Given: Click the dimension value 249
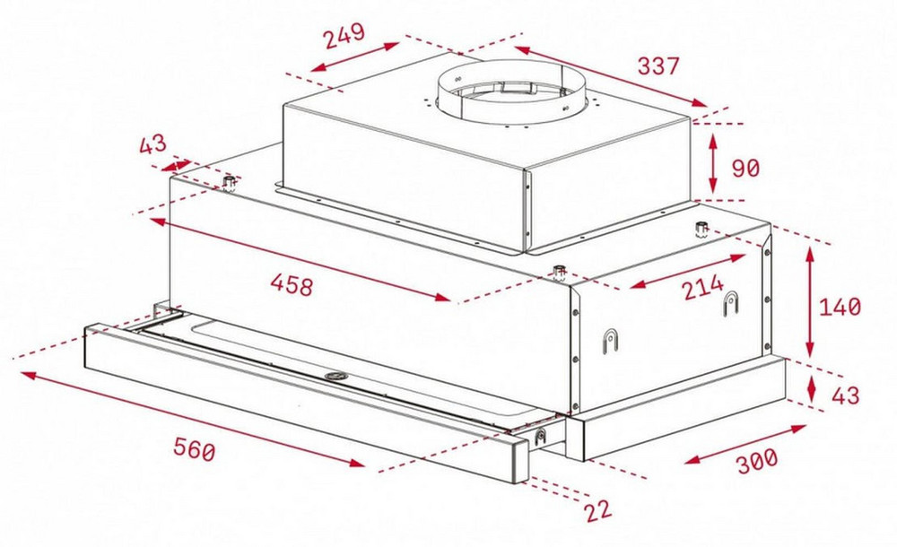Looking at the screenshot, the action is [x=344, y=36].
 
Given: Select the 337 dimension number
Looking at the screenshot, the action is [x=658, y=65].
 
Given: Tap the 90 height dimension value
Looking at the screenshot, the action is [x=745, y=169].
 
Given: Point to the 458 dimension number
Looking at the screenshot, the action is [x=292, y=284].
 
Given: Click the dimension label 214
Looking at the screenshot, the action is [x=703, y=287].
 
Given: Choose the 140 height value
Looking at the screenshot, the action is [x=840, y=308].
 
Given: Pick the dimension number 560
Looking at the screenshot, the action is [x=195, y=449].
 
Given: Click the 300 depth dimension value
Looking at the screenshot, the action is [x=757, y=461].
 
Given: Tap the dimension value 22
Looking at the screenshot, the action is [x=598, y=510].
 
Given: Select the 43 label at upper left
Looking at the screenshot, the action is [x=152, y=143].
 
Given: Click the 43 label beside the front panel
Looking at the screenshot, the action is [x=846, y=395].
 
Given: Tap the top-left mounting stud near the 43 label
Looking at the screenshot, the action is [x=230, y=184].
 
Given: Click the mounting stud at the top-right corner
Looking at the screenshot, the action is [x=701, y=229].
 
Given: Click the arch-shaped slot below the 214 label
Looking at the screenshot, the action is [x=730, y=303].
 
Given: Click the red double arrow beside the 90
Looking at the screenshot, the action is [x=713, y=163].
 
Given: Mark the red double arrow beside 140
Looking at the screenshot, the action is [x=809, y=302].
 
